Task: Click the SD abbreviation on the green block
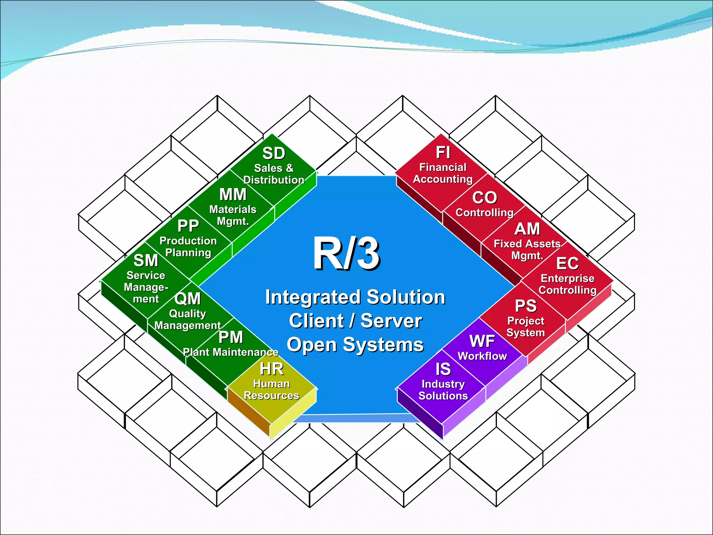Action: (274, 153)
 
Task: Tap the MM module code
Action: (233, 194)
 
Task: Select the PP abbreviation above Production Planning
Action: (188, 226)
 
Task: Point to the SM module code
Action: (146, 260)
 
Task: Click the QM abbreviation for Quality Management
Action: (188, 298)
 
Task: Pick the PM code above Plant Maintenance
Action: (230, 337)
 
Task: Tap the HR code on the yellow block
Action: (272, 369)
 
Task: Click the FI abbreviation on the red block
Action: (443, 153)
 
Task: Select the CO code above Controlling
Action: (485, 198)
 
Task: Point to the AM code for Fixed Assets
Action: (527, 229)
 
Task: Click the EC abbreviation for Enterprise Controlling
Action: (567, 263)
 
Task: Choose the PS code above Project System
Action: (526, 306)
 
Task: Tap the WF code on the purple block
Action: (482, 341)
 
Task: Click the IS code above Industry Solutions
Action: (443, 369)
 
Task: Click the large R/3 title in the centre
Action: (346, 254)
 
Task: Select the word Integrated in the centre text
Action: (313, 297)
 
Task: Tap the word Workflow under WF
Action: (482, 356)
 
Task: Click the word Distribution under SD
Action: (274, 180)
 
